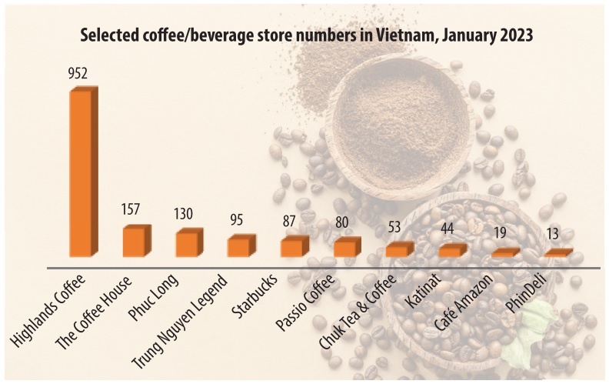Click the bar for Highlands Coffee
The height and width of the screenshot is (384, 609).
coord(83,173)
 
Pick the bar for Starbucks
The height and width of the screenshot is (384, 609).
coord(293,247)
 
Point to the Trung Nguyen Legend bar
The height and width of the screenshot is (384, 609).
coord(240,246)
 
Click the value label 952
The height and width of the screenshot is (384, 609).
coord(78,75)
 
